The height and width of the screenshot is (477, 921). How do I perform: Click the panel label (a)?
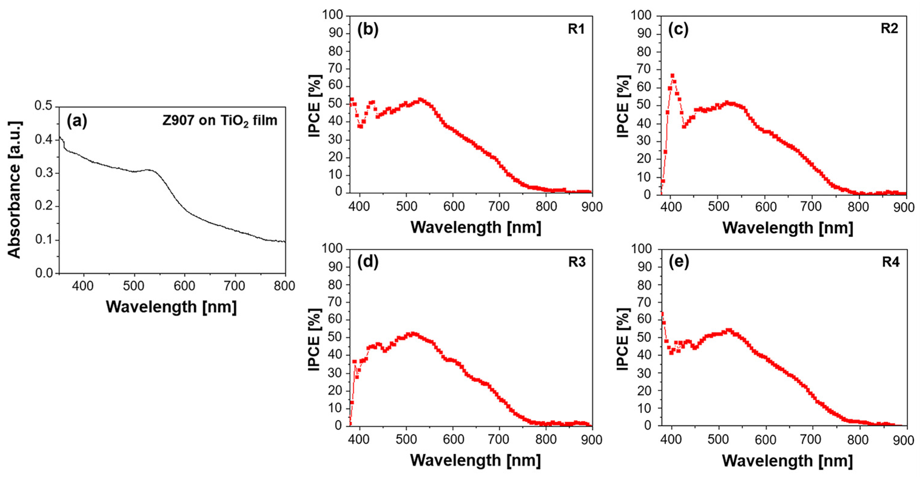[77, 121]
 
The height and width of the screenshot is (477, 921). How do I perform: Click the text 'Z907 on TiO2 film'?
[220, 121]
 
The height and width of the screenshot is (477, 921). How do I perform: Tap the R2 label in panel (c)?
[889, 28]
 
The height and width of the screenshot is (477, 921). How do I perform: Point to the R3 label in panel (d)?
[577, 262]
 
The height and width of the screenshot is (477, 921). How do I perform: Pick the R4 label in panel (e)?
[891, 262]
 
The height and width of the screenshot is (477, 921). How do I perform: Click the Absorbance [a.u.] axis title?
[14, 190]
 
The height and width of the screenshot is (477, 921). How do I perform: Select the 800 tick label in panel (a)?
[284, 286]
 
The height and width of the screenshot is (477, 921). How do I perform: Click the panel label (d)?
[368, 262]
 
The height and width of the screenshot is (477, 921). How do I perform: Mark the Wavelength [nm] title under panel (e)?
[788, 461]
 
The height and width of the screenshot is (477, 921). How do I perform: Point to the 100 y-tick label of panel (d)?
[332, 249]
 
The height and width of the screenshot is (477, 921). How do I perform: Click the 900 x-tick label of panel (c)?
[903, 207]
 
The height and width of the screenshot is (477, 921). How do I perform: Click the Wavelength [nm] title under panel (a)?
[171, 307]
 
